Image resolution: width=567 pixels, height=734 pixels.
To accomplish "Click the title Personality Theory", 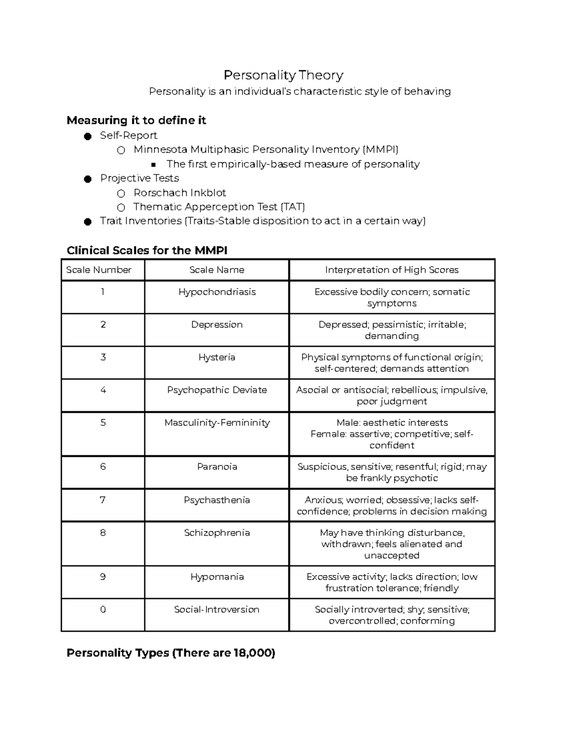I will [283, 75].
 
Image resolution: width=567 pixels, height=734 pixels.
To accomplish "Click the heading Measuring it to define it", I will [136, 121].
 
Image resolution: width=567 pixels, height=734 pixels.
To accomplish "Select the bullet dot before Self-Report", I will [87, 136].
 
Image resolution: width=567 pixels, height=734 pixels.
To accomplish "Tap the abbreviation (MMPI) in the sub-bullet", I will [380, 150].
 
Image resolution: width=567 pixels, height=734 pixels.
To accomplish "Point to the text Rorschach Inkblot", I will [180, 193].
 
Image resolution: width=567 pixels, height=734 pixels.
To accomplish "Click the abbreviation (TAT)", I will [292, 207].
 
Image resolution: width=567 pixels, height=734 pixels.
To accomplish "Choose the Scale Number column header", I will [99, 270].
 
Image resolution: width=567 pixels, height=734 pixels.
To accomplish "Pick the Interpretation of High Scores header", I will [392, 270].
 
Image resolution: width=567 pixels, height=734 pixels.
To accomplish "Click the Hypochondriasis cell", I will [217, 292].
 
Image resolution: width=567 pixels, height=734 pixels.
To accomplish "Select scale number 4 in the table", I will [103, 390].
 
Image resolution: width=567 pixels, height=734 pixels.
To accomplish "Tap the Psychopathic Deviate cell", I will [217, 390].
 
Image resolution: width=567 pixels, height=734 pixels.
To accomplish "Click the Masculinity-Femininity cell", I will [217, 423].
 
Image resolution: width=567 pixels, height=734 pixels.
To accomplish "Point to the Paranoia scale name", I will [217, 466].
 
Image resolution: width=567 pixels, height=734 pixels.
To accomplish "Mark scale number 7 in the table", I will [103, 500].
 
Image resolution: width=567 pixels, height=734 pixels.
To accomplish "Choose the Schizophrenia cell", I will [217, 533].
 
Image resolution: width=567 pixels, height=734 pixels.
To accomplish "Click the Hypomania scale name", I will [217, 577].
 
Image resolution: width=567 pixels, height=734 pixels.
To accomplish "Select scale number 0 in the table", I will [103, 609].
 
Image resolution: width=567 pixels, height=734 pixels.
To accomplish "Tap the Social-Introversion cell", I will [217, 609].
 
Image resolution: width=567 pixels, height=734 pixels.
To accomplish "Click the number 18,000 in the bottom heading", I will [252, 653].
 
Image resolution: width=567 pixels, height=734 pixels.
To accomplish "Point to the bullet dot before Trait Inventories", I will [87, 222].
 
